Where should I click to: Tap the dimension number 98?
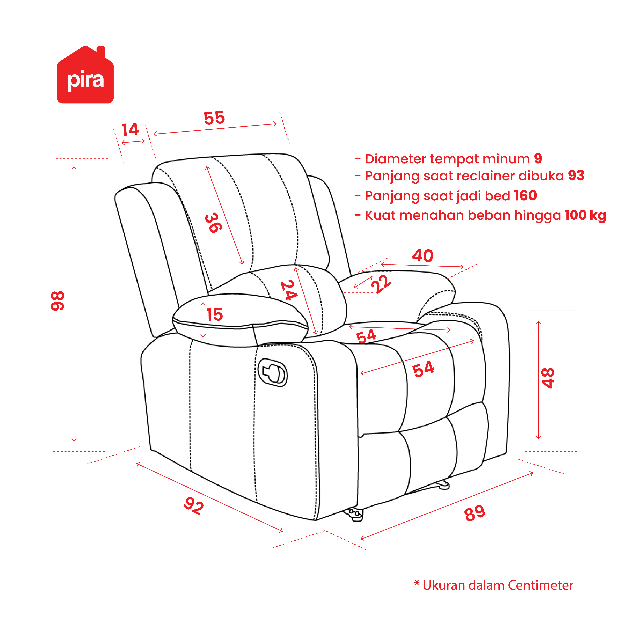[58, 301]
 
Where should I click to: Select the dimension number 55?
[214, 118]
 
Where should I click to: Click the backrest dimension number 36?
[213, 223]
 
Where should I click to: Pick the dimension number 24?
[289, 290]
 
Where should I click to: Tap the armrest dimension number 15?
[215, 315]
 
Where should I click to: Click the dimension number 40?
[423, 256]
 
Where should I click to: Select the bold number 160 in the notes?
[526, 196]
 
